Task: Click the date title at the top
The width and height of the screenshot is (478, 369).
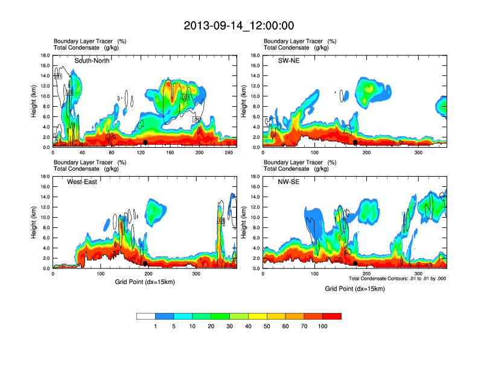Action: tap(239, 25)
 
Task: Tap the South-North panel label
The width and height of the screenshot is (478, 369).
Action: tap(92, 61)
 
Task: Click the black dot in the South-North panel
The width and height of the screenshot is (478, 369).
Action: tap(145, 142)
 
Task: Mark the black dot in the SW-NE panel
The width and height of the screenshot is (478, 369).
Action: tap(355, 142)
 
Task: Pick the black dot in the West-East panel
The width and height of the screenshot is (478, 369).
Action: tap(145, 263)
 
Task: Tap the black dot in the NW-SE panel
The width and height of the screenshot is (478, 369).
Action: tap(355, 263)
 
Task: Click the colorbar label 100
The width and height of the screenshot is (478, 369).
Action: tap(323, 326)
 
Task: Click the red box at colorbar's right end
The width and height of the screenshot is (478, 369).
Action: tap(333, 316)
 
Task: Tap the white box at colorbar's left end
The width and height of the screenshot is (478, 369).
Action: tap(146, 316)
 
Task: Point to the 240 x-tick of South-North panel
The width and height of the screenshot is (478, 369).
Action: tap(228, 153)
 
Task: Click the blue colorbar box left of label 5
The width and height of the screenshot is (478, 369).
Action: tap(165, 316)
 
